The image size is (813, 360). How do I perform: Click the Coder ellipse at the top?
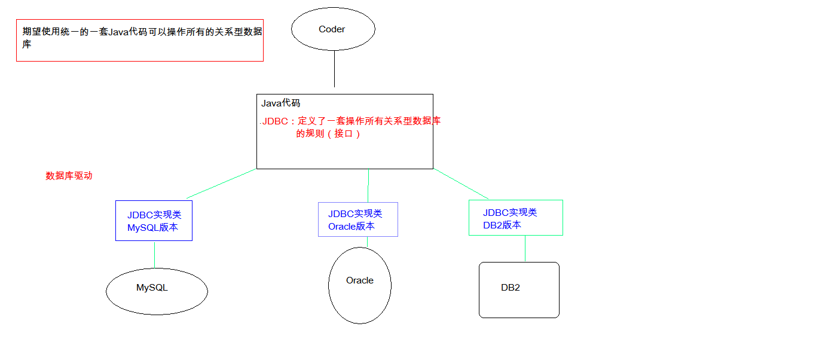(x=333, y=29)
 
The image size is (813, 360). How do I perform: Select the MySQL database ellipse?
(x=157, y=291)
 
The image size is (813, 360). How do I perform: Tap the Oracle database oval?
(x=360, y=285)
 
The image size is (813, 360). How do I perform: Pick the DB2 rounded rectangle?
(x=519, y=289)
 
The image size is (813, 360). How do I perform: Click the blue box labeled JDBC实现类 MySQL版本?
(x=154, y=221)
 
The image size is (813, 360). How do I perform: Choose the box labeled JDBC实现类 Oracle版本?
(x=357, y=219)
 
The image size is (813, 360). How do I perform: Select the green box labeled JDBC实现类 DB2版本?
(x=515, y=218)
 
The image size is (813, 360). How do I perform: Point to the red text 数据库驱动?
(x=69, y=176)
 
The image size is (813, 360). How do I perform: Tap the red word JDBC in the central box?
(x=276, y=121)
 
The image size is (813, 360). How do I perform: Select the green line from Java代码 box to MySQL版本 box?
(x=221, y=184)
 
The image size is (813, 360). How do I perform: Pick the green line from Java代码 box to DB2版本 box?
(x=461, y=184)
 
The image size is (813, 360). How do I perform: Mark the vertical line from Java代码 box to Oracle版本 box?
(x=368, y=185)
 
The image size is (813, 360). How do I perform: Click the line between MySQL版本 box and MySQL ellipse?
(x=154, y=254)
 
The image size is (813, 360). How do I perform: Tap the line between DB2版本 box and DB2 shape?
(x=525, y=249)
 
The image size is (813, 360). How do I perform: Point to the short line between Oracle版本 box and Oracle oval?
(x=367, y=242)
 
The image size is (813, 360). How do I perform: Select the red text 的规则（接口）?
(x=328, y=134)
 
